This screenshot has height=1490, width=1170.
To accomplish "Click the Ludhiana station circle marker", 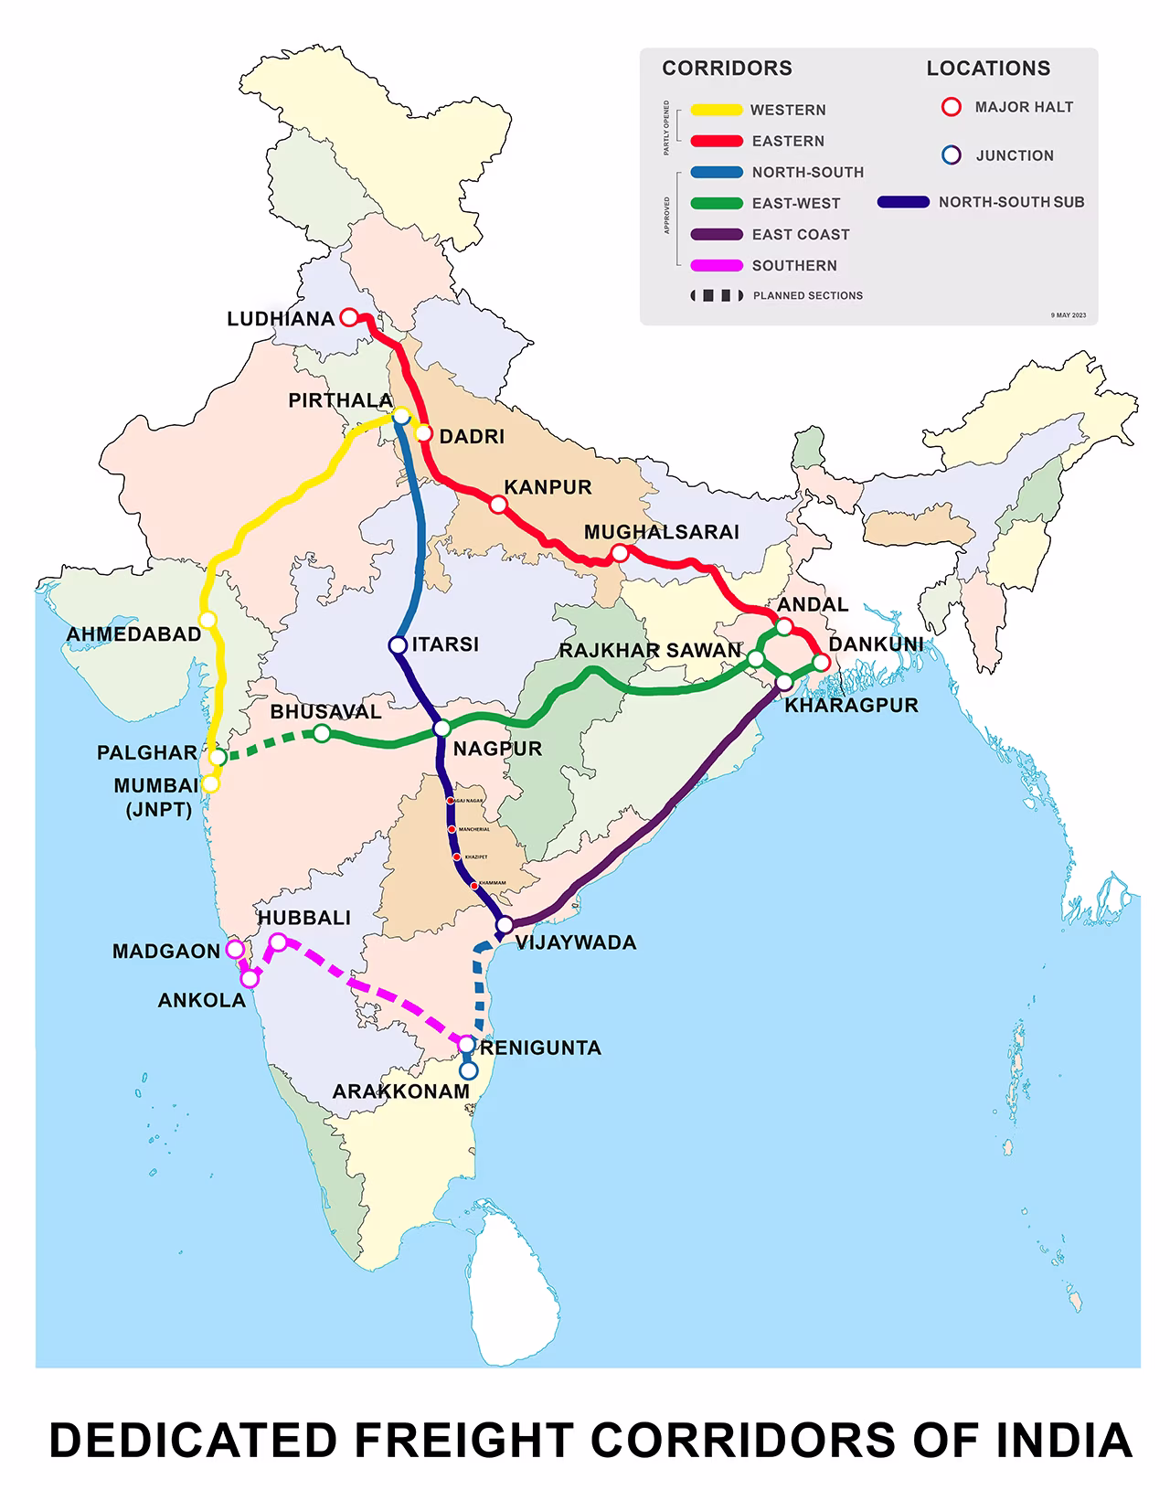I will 348,317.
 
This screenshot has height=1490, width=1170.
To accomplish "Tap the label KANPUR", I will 548,487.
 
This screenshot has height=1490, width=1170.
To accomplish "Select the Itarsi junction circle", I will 398,645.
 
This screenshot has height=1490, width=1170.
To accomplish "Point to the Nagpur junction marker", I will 441,729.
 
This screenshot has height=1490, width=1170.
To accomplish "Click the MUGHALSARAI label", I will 661,532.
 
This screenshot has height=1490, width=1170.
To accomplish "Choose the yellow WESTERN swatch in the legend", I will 716,110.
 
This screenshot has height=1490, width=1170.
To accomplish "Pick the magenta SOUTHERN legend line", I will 716,265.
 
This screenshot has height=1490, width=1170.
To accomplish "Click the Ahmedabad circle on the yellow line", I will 207,620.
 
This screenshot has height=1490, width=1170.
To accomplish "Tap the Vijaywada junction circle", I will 504,925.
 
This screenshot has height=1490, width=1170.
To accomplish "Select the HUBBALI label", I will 303,918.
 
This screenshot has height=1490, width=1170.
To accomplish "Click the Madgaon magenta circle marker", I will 235,949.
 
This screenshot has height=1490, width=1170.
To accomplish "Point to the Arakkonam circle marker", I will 468,1070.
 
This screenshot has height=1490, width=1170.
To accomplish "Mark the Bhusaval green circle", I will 322,732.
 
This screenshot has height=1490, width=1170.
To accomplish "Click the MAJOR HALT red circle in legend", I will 952,107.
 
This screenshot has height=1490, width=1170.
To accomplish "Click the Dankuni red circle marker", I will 821,663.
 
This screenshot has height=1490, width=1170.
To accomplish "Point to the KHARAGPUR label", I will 851,705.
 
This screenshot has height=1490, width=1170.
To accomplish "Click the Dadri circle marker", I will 423,432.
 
